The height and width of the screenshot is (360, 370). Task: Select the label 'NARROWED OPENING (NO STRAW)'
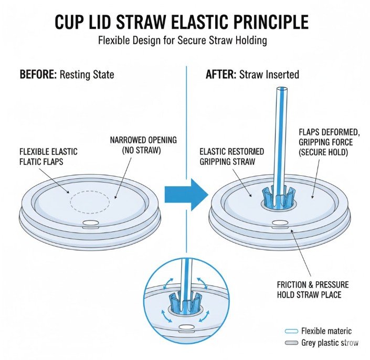pyautogui.click(x=143, y=145)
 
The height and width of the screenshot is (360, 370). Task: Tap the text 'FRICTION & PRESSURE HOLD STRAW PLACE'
pyautogui.click(x=313, y=289)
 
